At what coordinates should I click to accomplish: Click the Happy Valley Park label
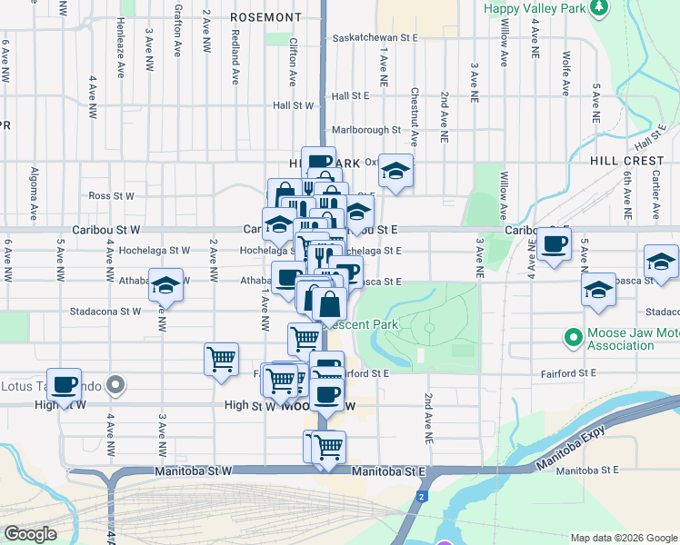[x=535, y=8]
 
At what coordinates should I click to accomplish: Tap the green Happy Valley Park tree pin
[x=599, y=8]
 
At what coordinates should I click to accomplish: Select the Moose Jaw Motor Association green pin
[x=573, y=339]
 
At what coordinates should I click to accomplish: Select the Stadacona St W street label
[x=105, y=311]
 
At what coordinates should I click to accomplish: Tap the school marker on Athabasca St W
[x=165, y=284]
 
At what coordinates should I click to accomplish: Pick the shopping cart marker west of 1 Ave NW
[x=221, y=359]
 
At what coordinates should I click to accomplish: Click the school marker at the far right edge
[x=661, y=262]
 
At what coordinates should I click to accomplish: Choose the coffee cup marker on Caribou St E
[x=554, y=243]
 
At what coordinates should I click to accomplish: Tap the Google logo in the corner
[x=30, y=534]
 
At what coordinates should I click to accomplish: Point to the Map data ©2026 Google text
[x=623, y=538]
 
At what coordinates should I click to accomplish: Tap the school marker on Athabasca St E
[x=599, y=290]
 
